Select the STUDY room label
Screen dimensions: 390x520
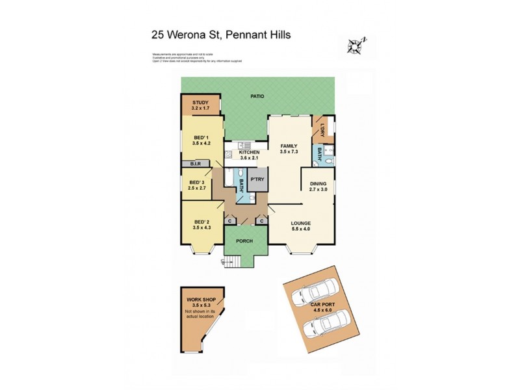click(x=200, y=102)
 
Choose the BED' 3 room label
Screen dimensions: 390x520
click(x=197, y=182)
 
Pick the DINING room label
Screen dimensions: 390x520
click(x=318, y=183)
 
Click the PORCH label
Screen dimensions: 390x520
click(x=243, y=241)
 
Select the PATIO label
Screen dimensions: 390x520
click(x=257, y=96)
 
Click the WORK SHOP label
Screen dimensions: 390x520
click(x=202, y=299)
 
